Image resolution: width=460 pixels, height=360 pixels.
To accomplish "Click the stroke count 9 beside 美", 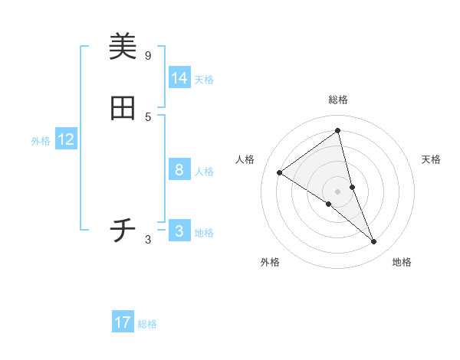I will point(148,55).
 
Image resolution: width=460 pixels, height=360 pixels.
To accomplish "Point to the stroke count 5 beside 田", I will point(148,116).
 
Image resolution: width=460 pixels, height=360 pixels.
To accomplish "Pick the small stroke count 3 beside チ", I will point(148,240).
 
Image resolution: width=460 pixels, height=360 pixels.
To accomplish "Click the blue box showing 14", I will point(179,78).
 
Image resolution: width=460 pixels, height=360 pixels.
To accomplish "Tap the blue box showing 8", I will point(179,170).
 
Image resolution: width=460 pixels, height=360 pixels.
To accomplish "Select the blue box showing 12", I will point(66,139).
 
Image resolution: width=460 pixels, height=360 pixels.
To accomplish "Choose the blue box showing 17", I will point(123,322).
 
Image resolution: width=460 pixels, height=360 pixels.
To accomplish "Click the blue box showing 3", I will point(179,231).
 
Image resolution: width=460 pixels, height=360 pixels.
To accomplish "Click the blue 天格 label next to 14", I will point(204,80).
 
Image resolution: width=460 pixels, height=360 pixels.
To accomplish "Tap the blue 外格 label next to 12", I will point(41,141).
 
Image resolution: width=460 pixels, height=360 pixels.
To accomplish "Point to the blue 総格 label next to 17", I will point(147,324).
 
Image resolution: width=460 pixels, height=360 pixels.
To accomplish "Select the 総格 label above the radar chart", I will point(338,100).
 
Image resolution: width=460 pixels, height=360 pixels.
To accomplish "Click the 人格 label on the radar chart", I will point(245,159).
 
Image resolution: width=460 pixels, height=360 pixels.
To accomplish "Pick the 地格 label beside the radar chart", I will point(402,263).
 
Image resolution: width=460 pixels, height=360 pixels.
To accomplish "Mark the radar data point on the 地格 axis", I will point(374,242).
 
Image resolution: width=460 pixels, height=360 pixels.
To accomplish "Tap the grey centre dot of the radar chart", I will point(338,191).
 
